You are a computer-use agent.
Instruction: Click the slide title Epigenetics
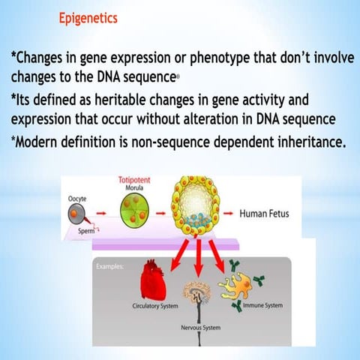(x=88, y=17)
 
